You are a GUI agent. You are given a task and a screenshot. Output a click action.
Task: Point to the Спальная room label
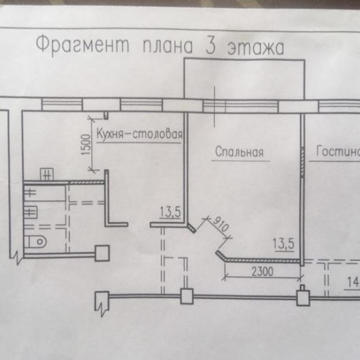[x=240, y=152]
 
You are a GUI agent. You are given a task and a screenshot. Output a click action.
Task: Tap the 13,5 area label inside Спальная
[x=285, y=244]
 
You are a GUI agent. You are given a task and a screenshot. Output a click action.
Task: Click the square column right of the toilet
[x=102, y=253]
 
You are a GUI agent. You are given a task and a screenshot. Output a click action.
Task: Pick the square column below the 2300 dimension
[x=303, y=296]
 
